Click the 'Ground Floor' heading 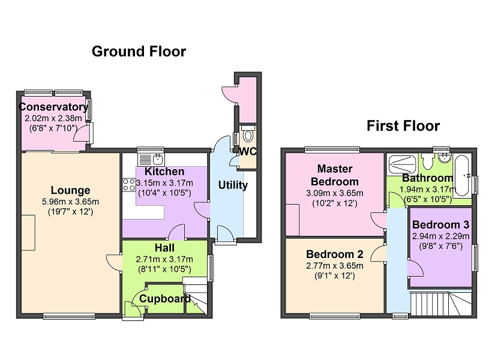139,52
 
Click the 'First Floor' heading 403,125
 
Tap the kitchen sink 151,159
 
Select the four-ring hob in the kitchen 129,185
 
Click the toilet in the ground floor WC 248,134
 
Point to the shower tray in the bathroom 401,164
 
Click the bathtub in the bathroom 462,176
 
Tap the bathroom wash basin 445,158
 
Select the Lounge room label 70,190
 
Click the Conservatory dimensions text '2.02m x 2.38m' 53,118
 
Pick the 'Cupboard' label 165,298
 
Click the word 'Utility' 233,185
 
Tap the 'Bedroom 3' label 440,224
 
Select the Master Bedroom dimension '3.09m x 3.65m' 335,193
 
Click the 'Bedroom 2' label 335,254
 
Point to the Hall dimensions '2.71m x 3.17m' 164,259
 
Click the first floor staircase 441,303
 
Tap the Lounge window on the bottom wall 69,316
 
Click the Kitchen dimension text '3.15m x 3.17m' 164,183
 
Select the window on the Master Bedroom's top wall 332,150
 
